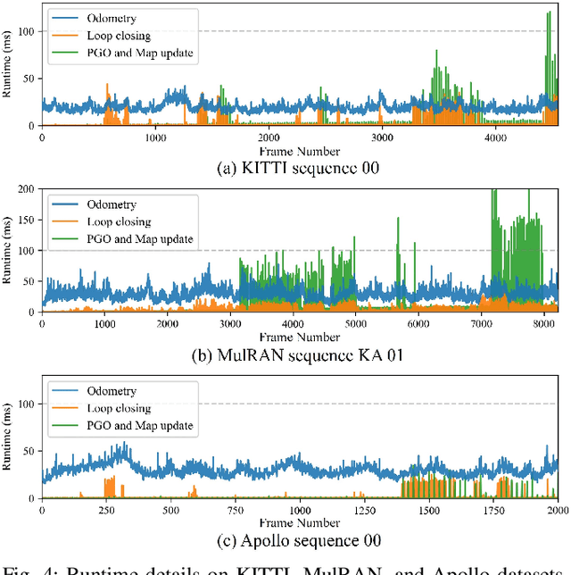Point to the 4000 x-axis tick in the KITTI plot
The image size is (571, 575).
click(494, 137)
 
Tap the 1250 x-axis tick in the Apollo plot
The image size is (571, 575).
click(365, 511)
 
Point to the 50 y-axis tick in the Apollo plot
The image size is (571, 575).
click(29, 451)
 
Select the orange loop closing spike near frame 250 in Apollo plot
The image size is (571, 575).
click(110, 487)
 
